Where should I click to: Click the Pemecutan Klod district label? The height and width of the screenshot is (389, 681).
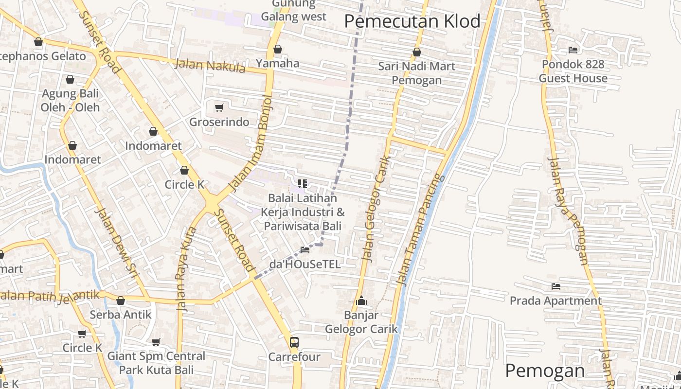(412, 21)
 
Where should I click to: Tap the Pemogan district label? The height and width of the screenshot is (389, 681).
(545, 371)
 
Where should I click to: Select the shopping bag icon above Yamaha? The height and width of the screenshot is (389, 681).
(278, 49)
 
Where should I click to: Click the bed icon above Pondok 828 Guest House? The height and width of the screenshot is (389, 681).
(573, 50)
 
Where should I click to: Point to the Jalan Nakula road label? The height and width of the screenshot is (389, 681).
(210, 66)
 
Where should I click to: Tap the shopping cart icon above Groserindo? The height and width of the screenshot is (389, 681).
(219, 107)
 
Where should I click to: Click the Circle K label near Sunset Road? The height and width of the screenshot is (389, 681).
(184, 185)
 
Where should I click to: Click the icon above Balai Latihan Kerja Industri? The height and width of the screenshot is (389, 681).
(303, 183)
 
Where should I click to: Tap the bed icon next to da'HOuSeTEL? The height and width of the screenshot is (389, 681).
(305, 250)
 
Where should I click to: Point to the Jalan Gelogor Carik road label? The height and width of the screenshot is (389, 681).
(375, 209)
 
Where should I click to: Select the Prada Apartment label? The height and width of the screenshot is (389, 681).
(556, 301)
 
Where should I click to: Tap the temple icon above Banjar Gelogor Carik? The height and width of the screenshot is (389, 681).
(361, 301)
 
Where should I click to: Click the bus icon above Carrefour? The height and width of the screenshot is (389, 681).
(294, 342)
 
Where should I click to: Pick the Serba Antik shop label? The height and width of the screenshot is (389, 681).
(121, 315)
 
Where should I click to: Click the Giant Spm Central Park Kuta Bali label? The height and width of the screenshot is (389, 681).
(156, 363)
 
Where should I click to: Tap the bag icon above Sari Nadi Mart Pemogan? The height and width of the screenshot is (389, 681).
(417, 52)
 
